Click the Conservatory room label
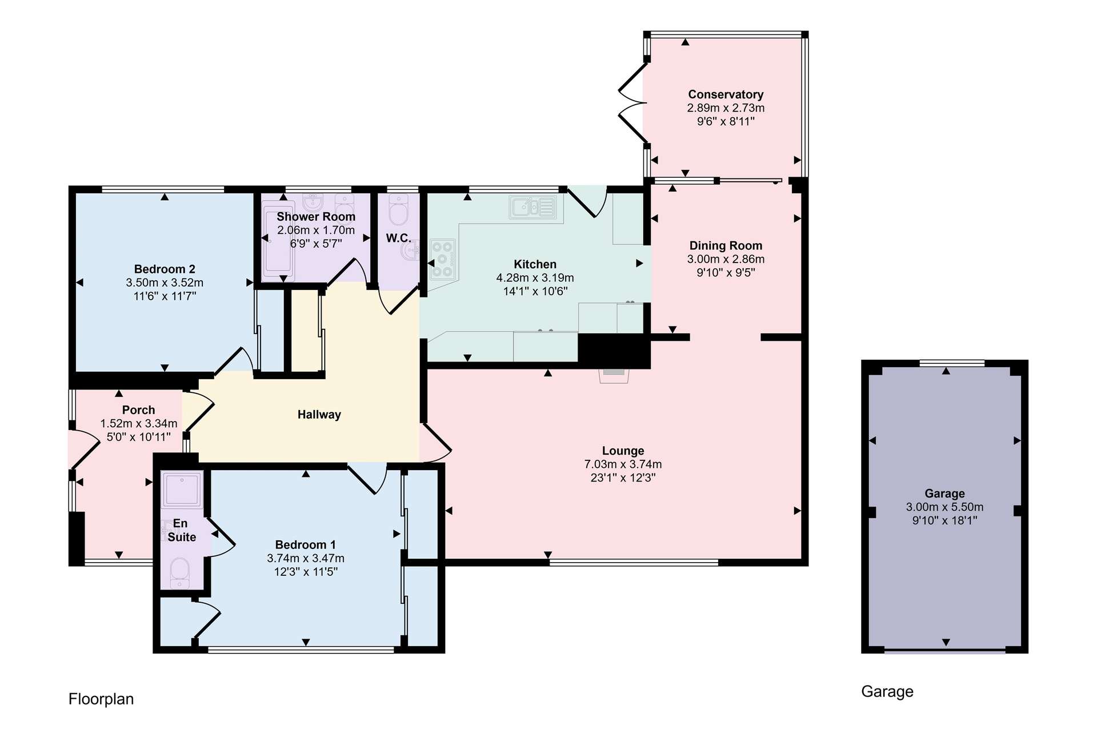coord(726,94)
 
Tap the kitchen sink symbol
coord(533,207)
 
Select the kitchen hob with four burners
coord(443,259)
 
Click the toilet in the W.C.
coord(398,210)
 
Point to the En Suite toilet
coord(180,573)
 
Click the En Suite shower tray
coord(182,490)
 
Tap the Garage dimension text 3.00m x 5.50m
coord(945,507)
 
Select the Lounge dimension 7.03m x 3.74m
coord(623,464)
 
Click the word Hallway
coord(319,415)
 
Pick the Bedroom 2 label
coord(165,269)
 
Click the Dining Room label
coord(726,246)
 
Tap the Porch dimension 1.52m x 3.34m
coord(139,424)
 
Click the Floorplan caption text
coord(101,699)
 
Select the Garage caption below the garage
coord(887,692)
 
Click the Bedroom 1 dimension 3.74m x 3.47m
coord(306,558)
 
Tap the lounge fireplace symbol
coord(614,375)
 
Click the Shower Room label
coord(316,217)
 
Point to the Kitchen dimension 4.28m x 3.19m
coord(535,278)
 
